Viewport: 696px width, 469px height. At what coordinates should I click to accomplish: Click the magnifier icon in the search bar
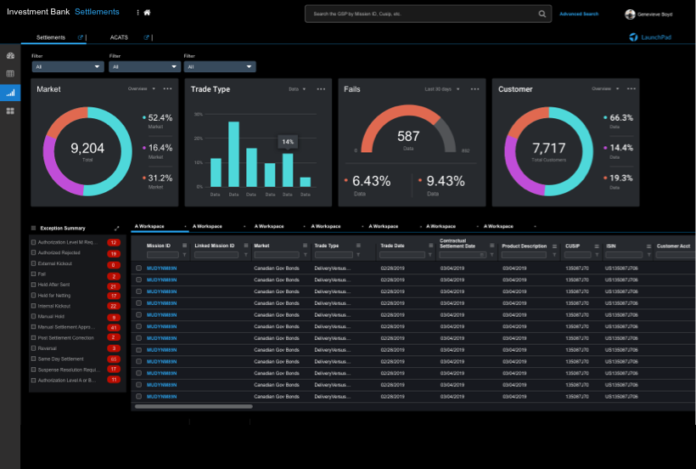(542, 14)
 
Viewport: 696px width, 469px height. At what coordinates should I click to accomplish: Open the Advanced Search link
(579, 14)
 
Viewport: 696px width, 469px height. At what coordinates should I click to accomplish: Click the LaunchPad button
(651, 37)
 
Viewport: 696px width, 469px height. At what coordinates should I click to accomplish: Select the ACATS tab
(119, 37)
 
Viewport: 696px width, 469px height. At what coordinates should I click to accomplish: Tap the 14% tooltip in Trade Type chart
(288, 142)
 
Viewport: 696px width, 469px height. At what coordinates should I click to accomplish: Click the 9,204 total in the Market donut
(87, 149)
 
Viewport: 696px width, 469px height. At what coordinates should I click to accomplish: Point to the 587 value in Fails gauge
(408, 136)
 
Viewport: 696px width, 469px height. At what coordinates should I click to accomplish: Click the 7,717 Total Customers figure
(548, 149)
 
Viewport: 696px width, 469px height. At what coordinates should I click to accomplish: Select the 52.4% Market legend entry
(160, 118)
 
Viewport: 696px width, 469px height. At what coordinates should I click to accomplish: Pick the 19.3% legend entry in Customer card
(621, 178)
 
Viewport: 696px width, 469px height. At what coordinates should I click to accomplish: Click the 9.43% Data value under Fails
(446, 181)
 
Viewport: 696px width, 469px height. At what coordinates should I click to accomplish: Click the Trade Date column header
(392, 246)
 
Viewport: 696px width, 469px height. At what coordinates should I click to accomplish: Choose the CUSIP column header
(572, 246)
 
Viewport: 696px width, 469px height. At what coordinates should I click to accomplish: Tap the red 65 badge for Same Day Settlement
(114, 359)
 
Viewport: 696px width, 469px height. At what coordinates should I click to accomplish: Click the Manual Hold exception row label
(53, 316)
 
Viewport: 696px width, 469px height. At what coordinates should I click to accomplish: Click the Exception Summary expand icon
(116, 228)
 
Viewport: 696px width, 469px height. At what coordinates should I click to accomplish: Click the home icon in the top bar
(148, 14)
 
